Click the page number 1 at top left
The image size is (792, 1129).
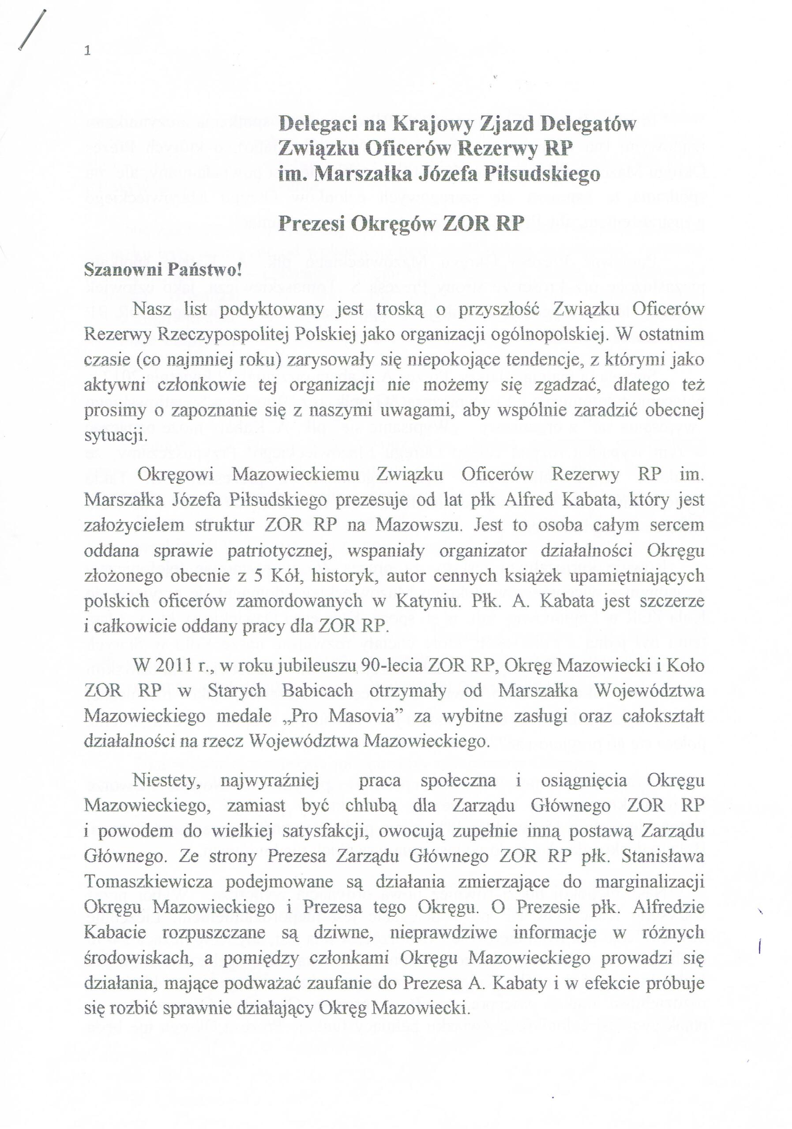pyautogui.click(x=88, y=51)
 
